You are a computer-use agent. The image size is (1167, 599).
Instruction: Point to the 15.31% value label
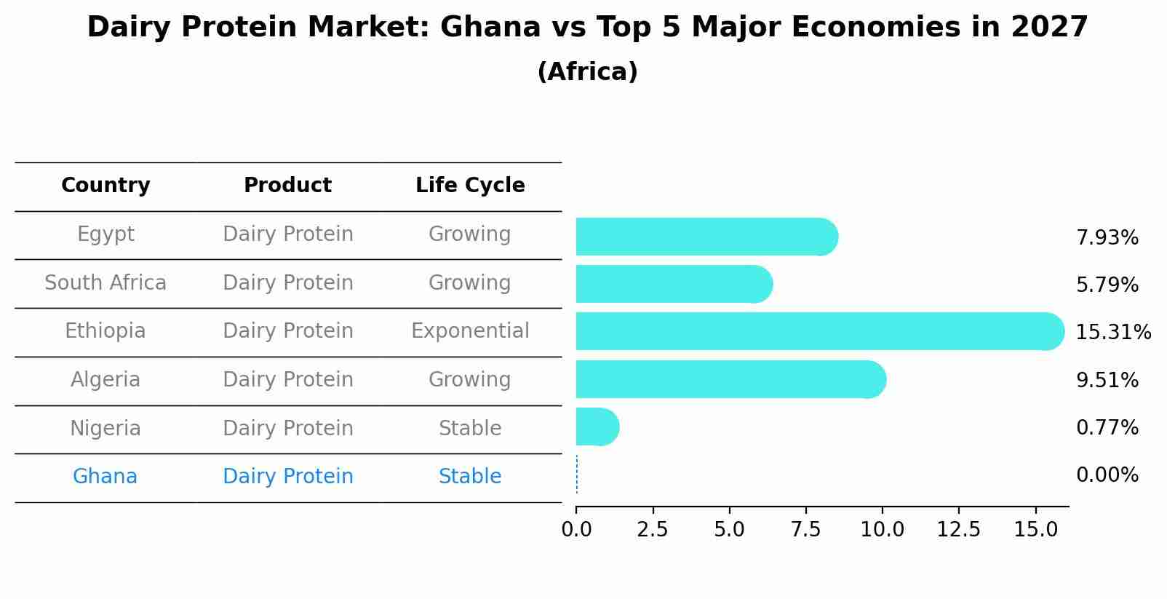click(x=1113, y=333)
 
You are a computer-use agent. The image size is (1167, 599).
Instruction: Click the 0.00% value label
click(x=1107, y=475)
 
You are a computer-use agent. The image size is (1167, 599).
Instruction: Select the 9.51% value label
click(x=1107, y=380)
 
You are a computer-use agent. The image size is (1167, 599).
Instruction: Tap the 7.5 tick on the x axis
click(x=805, y=530)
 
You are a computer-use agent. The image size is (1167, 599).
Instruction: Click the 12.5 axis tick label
click(x=958, y=530)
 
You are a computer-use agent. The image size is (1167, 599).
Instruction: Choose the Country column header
click(x=105, y=186)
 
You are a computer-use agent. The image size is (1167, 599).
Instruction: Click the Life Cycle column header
click(x=470, y=186)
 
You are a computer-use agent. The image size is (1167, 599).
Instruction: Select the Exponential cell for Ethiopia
click(x=470, y=331)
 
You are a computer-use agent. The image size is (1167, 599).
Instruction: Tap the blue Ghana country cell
click(x=105, y=477)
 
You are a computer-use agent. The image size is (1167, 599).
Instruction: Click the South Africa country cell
click(x=105, y=282)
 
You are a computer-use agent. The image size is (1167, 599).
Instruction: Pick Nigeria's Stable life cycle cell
click(x=470, y=428)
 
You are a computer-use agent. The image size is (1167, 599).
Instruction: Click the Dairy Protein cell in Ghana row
click(x=288, y=477)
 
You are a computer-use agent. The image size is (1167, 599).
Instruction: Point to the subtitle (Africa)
click(x=587, y=72)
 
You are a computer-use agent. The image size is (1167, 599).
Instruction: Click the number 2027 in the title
click(x=1049, y=28)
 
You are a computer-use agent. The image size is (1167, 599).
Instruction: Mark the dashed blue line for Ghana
click(x=577, y=475)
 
